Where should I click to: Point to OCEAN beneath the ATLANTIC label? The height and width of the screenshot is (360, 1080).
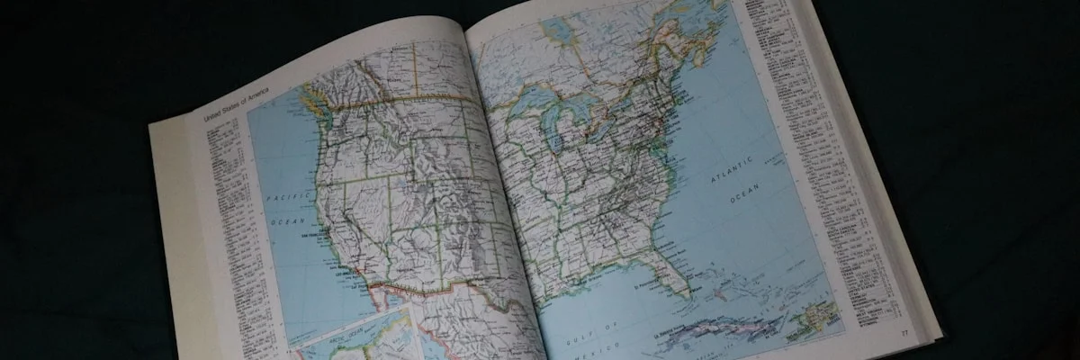746,191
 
